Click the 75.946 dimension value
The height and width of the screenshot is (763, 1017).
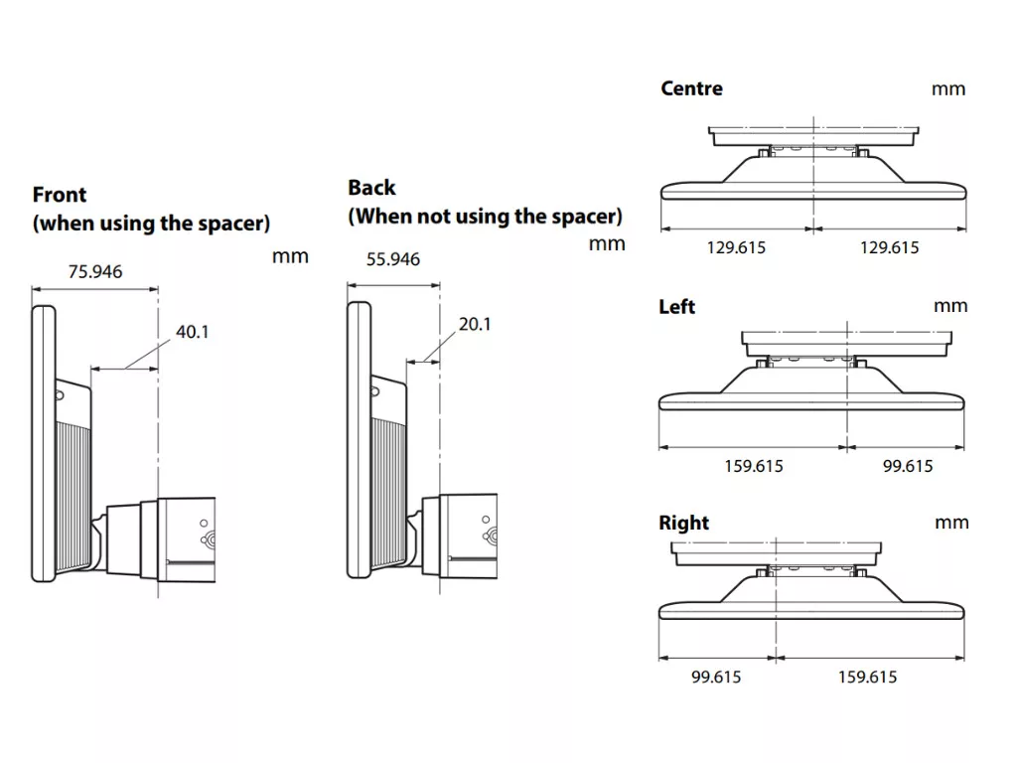(x=95, y=271)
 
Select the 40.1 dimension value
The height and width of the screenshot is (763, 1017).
(x=192, y=332)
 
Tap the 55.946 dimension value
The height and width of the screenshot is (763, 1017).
(x=393, y=259)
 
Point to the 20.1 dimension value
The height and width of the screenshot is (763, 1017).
(x=475, y=324)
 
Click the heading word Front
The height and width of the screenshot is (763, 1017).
(x=60, y=195)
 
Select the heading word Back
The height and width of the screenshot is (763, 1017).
(x=371, y=188)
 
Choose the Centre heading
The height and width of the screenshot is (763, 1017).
(x=691, y=88)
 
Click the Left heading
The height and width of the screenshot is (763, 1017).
(x=676, y=306)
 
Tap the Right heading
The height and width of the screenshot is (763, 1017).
(x=683, y=523)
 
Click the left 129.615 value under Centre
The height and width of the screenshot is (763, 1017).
(x=736, y=247)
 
